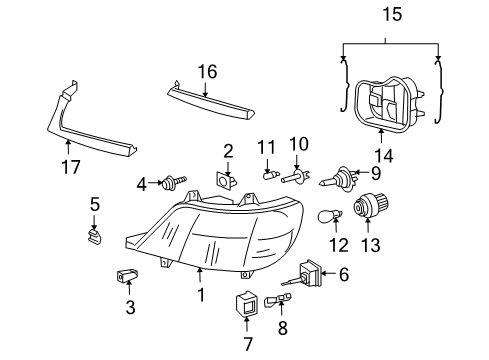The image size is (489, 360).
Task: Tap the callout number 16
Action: click(207, 71)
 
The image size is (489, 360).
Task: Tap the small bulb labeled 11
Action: click(269, 175)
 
